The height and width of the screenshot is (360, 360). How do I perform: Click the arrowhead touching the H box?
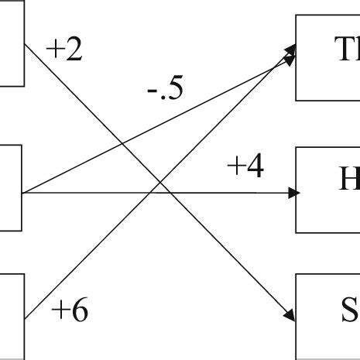tap(292, 193)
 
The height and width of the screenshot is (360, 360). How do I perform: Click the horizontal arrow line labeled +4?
tap(232, 193)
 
